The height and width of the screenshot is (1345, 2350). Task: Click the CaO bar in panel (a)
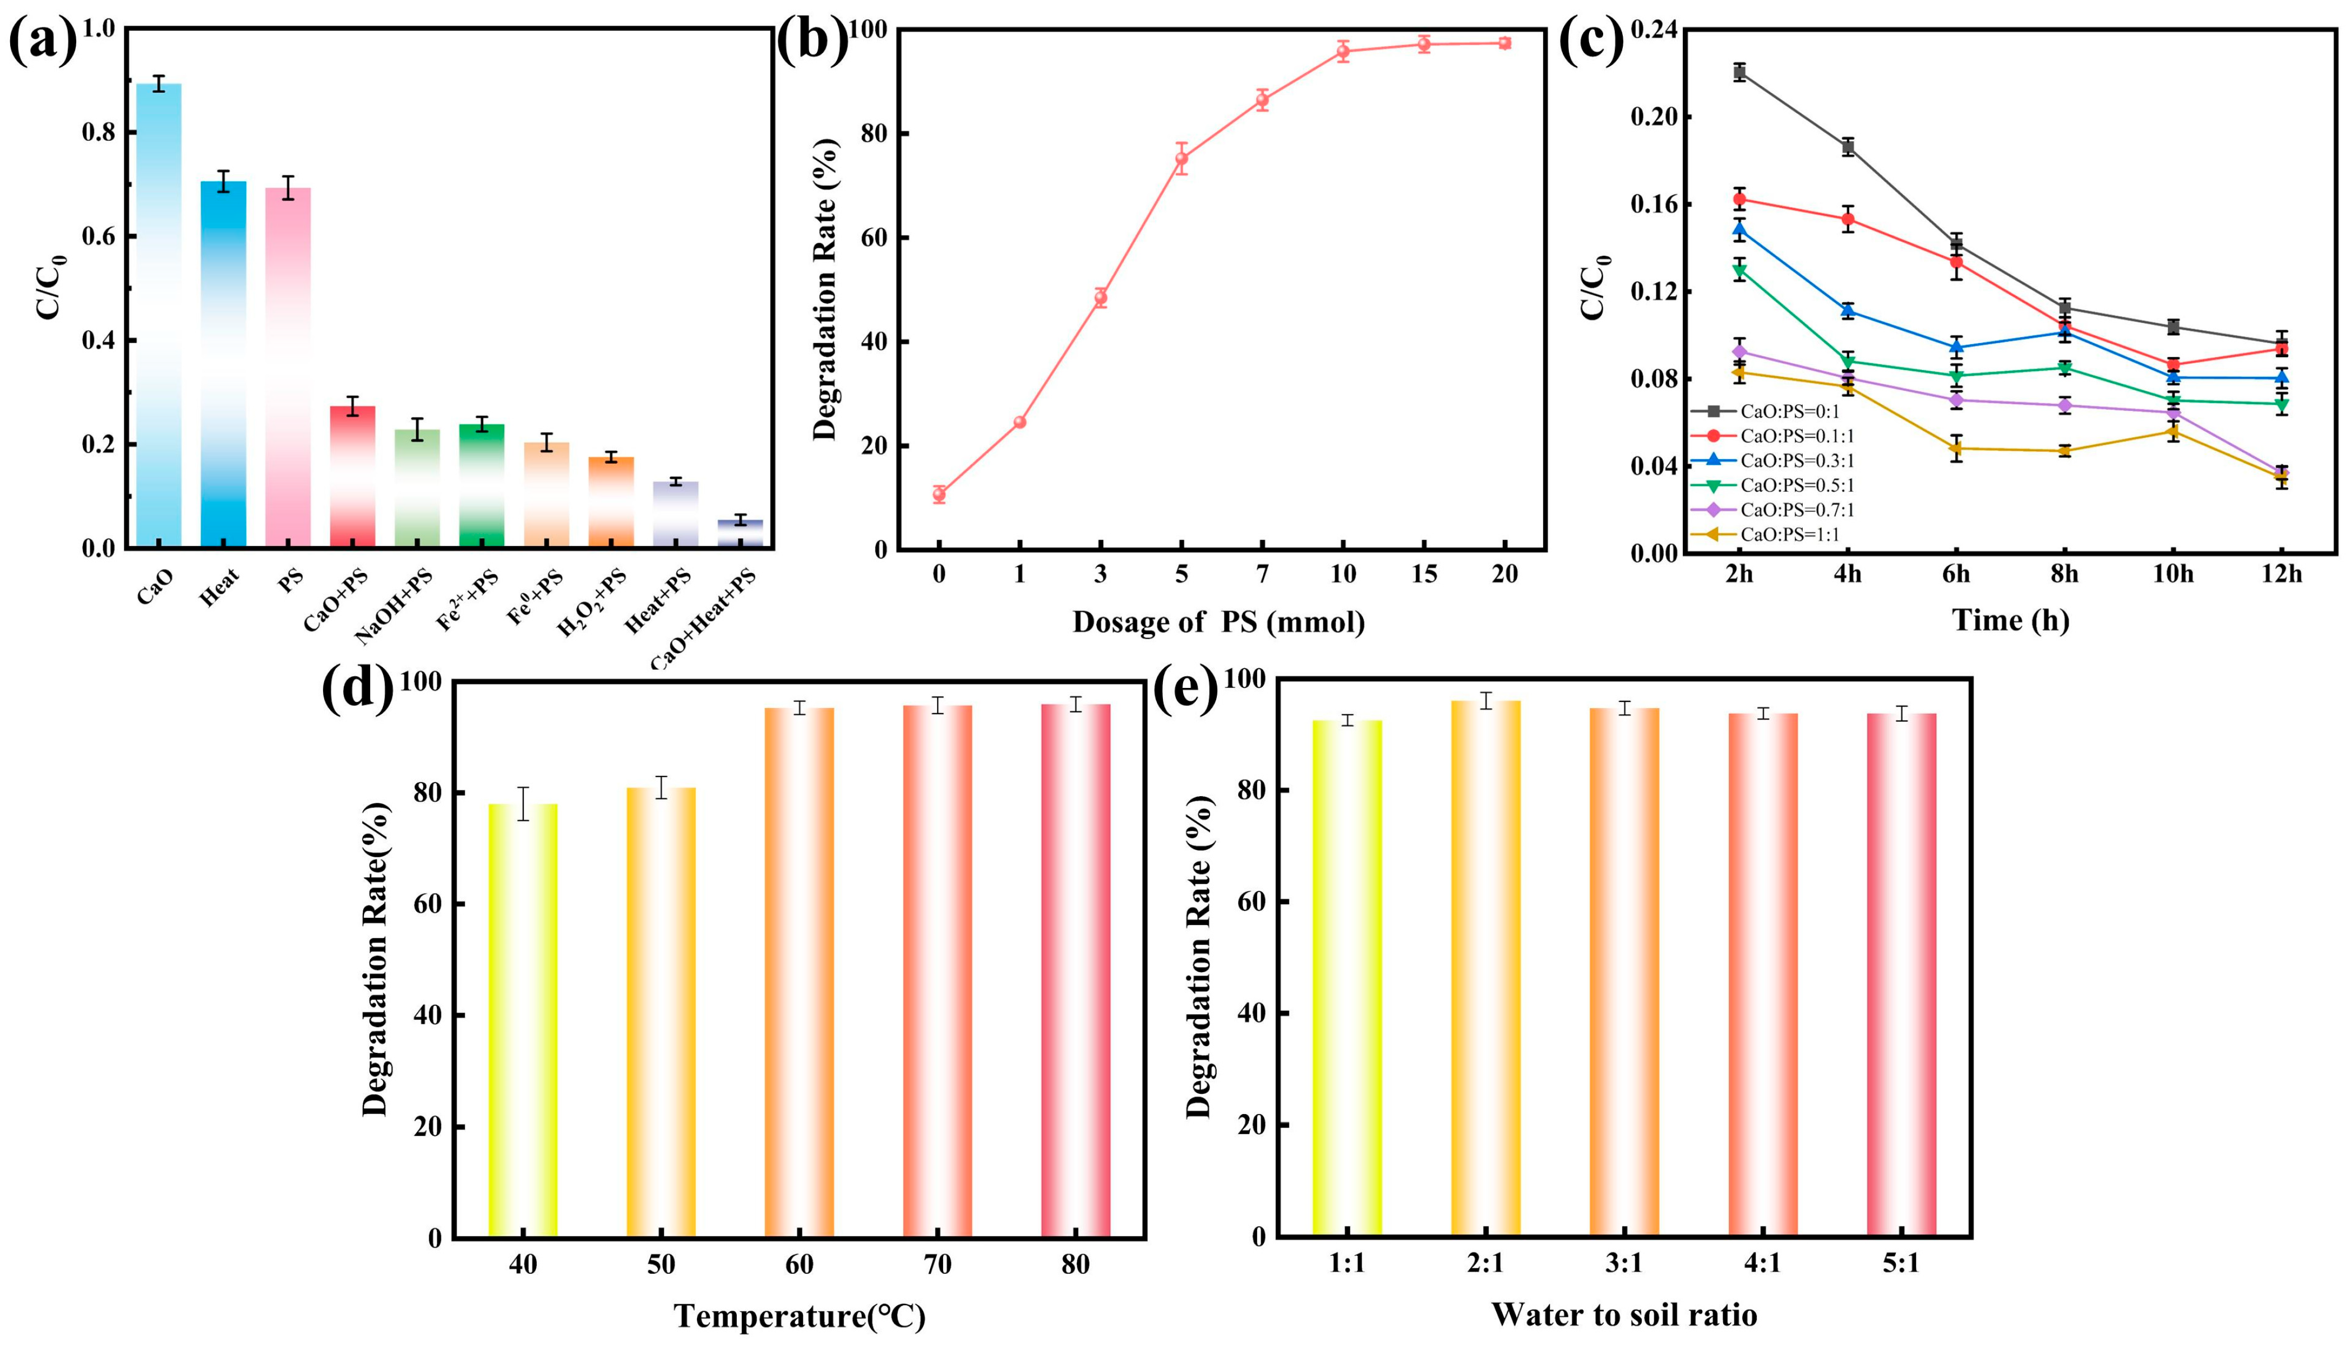pos(159,316)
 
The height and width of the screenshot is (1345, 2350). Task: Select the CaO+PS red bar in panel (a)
pos(353,478)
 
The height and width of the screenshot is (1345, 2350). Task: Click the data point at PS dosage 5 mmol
pos(1181,159)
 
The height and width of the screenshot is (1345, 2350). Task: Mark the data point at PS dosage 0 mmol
pos(939,494)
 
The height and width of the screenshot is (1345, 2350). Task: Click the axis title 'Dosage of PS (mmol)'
pos(1218,623)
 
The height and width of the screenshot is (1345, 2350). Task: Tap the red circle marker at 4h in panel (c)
pos(1848,219)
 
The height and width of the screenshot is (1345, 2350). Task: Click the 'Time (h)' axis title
pos(2010,620)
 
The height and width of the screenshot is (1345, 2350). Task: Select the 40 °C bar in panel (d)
pos(523,1021)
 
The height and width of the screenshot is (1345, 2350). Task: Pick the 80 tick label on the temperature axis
pos(1075,1265)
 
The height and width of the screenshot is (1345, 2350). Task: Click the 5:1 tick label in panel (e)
pos(1901,1263)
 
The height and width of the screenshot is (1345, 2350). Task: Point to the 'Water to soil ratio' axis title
pos(1624,1314)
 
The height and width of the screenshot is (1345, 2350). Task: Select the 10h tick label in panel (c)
pos(2173,574)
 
